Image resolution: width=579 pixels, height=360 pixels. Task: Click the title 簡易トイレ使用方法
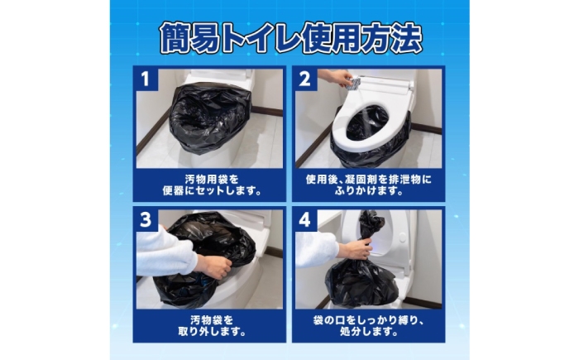[x=290, y=38]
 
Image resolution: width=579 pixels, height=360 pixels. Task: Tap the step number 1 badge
[x=146, y=79]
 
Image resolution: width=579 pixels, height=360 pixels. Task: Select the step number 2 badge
[x=305, y=79]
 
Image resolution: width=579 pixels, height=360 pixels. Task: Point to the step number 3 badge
[x=146, y=219]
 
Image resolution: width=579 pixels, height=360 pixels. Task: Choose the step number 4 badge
[x=305, y=219]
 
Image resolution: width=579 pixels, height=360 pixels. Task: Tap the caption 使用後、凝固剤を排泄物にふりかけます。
[x=369, y=185]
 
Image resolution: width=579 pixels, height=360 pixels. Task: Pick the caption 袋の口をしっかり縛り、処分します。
[x=369, y=326]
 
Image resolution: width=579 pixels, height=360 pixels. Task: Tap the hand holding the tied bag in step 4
[x=356, y=247]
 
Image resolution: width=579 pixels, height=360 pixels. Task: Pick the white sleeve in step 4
[x=316, y=248]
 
